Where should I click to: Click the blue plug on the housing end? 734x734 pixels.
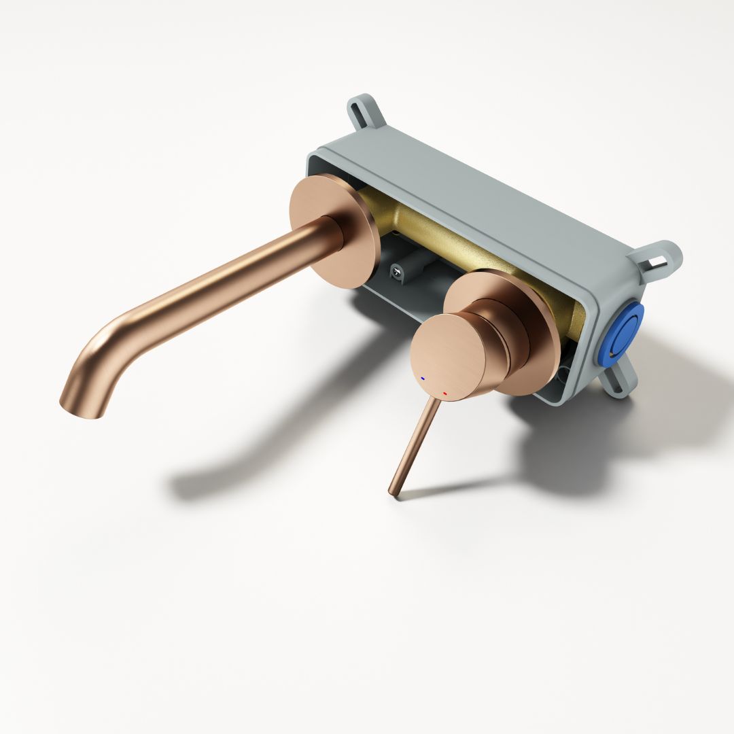click(621, 335)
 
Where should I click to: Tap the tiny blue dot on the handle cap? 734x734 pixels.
click(423, 378)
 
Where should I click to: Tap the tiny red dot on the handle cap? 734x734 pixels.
click(444, 394)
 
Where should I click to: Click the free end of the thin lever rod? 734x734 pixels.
click(394, 491)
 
